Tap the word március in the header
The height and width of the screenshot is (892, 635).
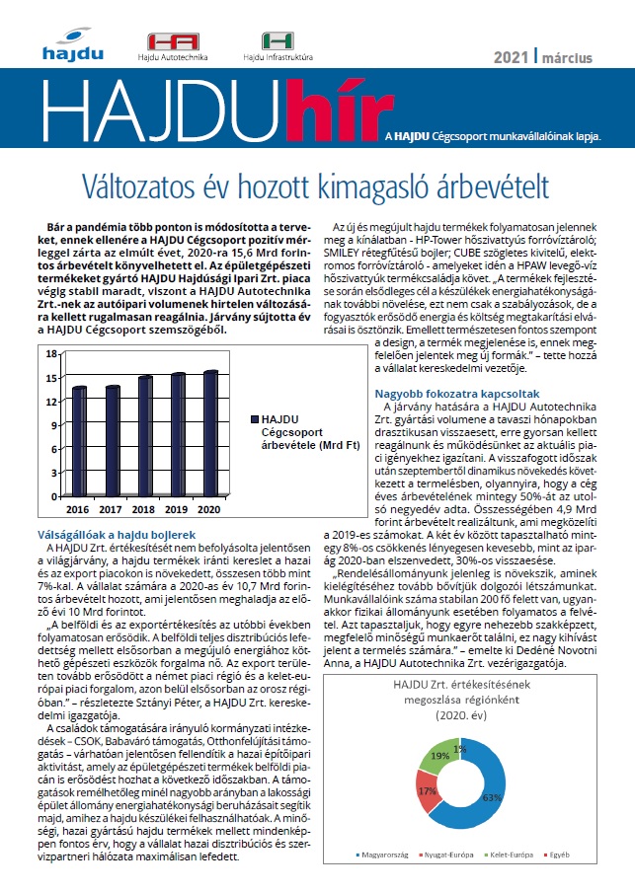(x=567, y=57)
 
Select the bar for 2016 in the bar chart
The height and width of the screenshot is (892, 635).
(x=79, y=444)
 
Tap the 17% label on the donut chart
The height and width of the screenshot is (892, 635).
(x=427, y=790)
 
